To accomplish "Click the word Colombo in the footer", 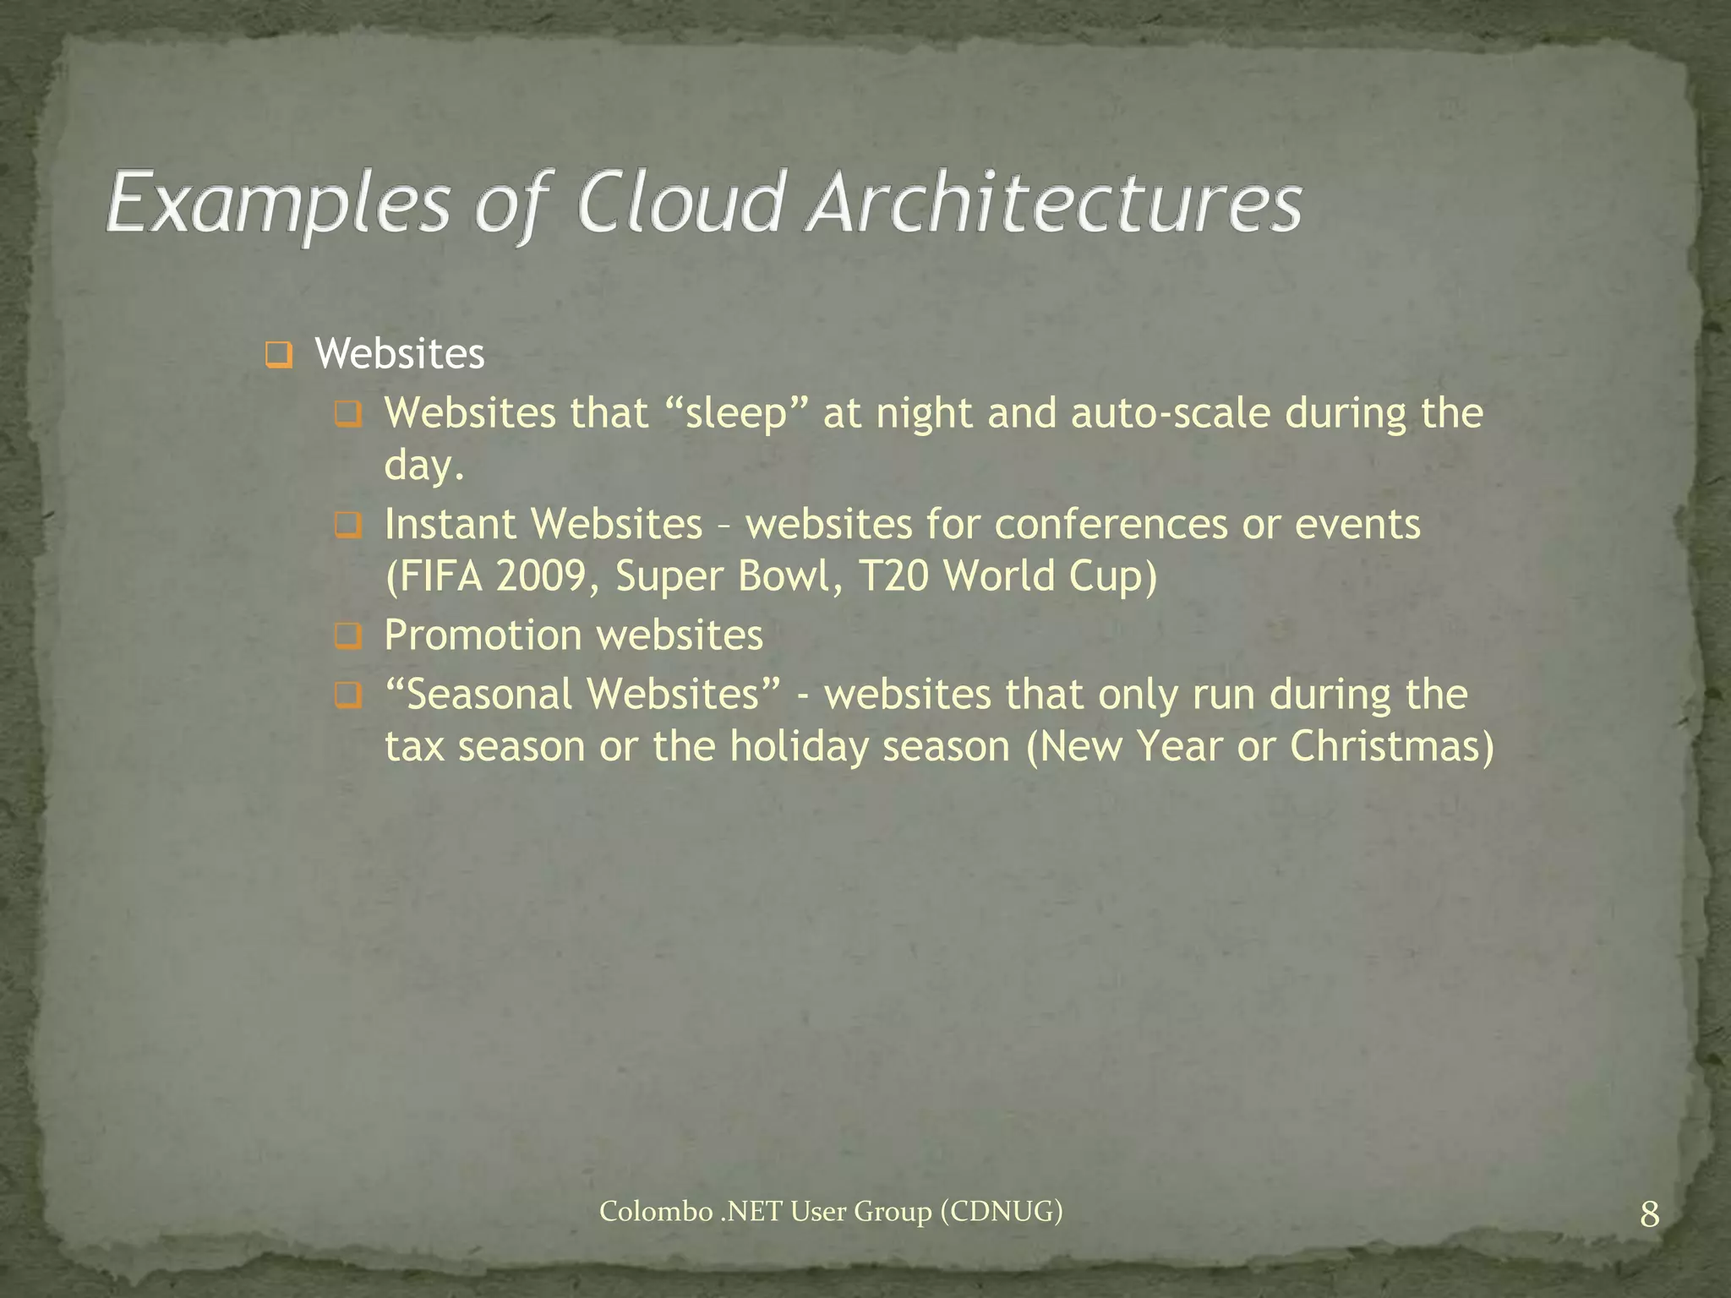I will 656,1212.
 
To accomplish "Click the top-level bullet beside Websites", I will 278,355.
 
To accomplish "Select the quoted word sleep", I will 735,414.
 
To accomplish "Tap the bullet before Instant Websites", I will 347,526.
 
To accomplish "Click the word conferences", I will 1110,524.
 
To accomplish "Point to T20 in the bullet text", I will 893,577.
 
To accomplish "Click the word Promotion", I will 483,635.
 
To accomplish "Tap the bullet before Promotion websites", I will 347,636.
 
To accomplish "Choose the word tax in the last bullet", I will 415,747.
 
